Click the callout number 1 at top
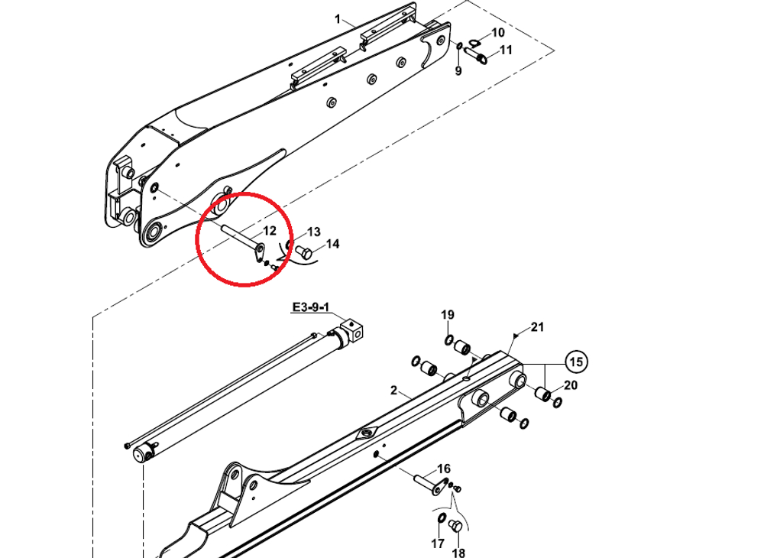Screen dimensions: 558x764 338,19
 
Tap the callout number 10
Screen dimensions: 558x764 497,33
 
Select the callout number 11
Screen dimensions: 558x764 506,50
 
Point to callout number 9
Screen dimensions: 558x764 458,71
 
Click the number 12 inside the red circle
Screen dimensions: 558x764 270,231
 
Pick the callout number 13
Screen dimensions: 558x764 314,232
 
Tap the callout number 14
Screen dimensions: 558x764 332,245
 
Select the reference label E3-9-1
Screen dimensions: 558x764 310,308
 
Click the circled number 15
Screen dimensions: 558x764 577,361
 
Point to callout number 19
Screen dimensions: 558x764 448,315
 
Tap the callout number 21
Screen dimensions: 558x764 538,327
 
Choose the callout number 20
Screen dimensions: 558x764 571,385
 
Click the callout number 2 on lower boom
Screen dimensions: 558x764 393,391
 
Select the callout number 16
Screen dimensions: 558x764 444,469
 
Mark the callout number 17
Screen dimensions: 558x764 437,544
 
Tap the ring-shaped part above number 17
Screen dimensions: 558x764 442,521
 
